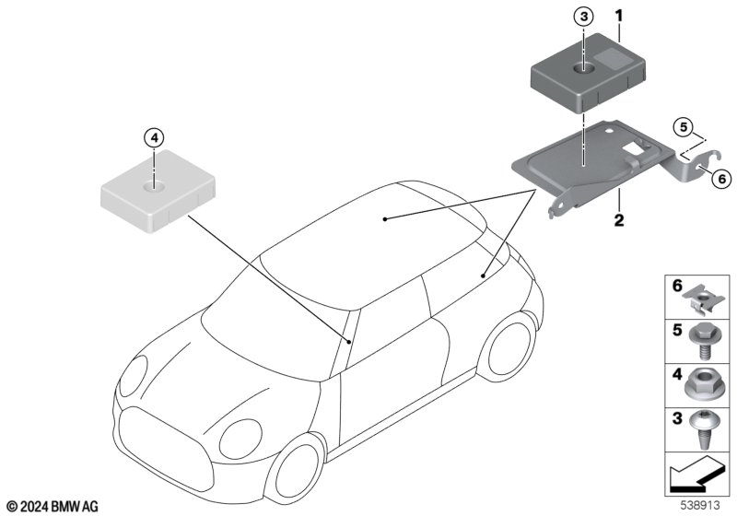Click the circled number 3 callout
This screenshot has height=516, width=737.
coord(583,17)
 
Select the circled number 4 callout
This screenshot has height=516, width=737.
coord(155,138)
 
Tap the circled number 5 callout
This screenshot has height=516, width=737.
coord(684,126)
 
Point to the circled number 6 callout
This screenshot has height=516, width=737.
coord(721,179)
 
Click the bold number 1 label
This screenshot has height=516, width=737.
coord(619,17)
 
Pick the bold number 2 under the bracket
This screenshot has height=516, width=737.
coord(619,220)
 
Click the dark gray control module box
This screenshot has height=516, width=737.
coord(588,72)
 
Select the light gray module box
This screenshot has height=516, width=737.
coord(158,191)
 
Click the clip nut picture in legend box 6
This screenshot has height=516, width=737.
coord(701,300)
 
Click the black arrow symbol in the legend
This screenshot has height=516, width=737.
coord(693,475)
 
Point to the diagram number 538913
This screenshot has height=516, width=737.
coord(700,505)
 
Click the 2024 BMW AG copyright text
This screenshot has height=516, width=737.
coord(53,507)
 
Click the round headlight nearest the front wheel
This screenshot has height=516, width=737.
coord(240,439)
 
